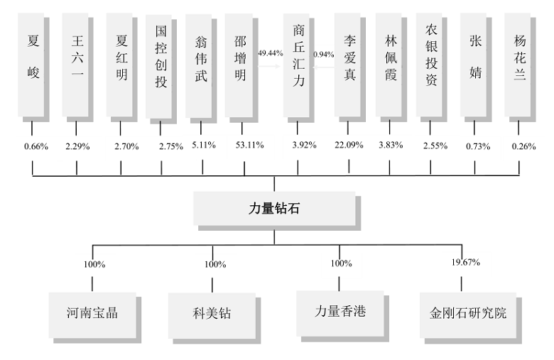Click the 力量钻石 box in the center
point(274,209)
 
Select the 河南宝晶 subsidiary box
point(92,312)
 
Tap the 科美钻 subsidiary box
point(212,313)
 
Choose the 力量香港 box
point(340,311)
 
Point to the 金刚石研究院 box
point(468,313)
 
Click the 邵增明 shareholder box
point(239,65)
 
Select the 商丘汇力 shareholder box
point(296,65)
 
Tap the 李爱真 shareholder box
point(347,65)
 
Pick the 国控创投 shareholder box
point(158,67)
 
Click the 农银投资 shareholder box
point(429,65)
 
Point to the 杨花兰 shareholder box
point(517,65)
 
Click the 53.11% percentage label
point(250,145)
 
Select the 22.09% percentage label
point(349,145)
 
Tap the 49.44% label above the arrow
point(271,53)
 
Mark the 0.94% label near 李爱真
point(324,55)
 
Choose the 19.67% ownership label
point(466,262)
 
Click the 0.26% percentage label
point(523,146)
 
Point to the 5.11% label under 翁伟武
point(204,145)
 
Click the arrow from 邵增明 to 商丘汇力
point(270,66)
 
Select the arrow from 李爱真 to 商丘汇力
point(323,67)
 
